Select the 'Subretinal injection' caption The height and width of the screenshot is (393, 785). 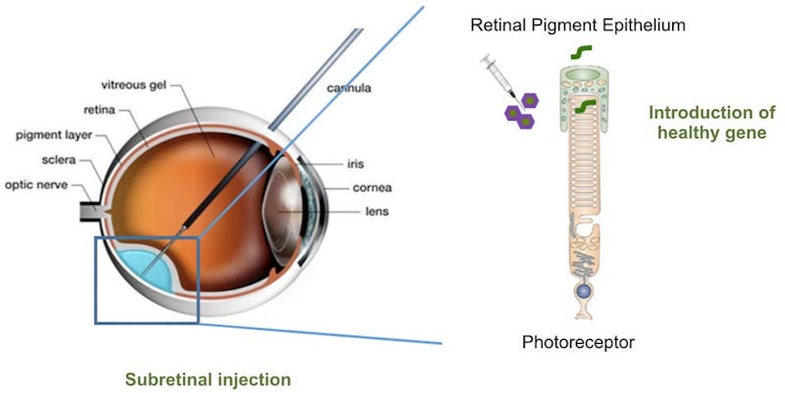point(208,377)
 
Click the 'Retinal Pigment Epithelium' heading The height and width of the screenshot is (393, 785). point(577,23)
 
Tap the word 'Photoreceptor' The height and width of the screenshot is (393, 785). point(578,342)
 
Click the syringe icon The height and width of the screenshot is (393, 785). point(495,74)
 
